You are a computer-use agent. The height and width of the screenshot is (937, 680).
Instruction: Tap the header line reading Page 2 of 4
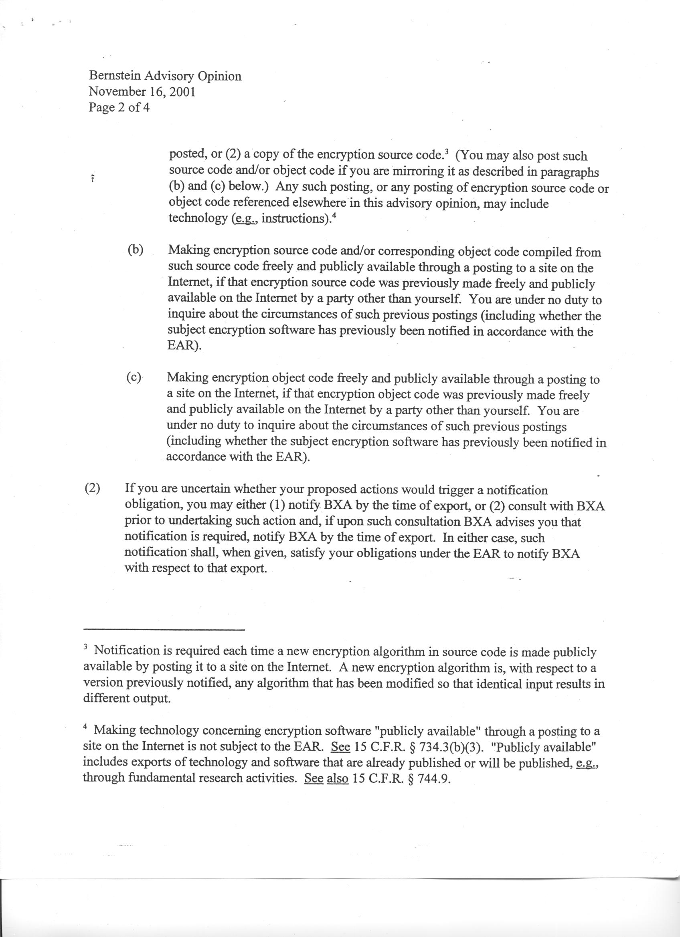coord(119,107)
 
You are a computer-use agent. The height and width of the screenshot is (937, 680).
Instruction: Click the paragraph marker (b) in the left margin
coord(135,250)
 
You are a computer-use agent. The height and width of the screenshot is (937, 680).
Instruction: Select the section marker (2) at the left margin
coord(93,488)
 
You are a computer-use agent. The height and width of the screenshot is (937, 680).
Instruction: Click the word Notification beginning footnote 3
coord(127,651)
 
